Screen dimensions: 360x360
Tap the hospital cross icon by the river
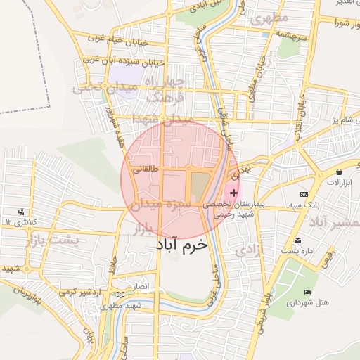click(234, 193)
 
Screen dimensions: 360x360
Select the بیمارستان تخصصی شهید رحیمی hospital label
click(233, 207)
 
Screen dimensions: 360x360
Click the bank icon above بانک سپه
click(304, 193)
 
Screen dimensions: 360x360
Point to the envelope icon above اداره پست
click(297, 241)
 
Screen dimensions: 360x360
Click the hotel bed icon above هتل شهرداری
click(307, 292)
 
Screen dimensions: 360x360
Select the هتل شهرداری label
click(308, 302)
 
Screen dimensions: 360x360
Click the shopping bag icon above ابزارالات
click(340, 172)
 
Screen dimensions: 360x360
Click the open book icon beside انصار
click(120, 292)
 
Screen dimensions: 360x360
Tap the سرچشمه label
click(292, 34)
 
